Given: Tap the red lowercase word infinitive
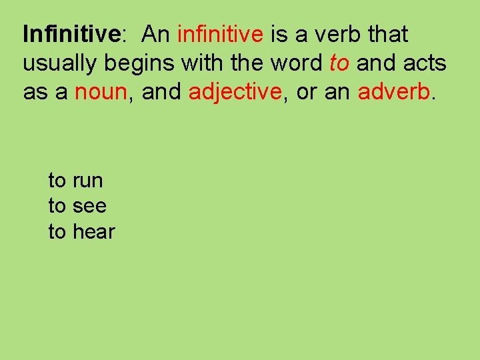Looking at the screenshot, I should [x=220, y=33].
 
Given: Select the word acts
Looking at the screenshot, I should [x=425, y=63].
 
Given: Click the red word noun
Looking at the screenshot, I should [x=101, y=92].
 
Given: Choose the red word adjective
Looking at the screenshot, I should [x=235, y=92].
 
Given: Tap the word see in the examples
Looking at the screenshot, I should [x=89, y=207].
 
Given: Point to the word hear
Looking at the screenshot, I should [x=94, y=232].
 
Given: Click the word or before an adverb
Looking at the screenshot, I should [x=306, y=92].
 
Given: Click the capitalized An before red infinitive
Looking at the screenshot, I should [x=157, y=33].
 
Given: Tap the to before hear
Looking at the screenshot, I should [x=57, y=232].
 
